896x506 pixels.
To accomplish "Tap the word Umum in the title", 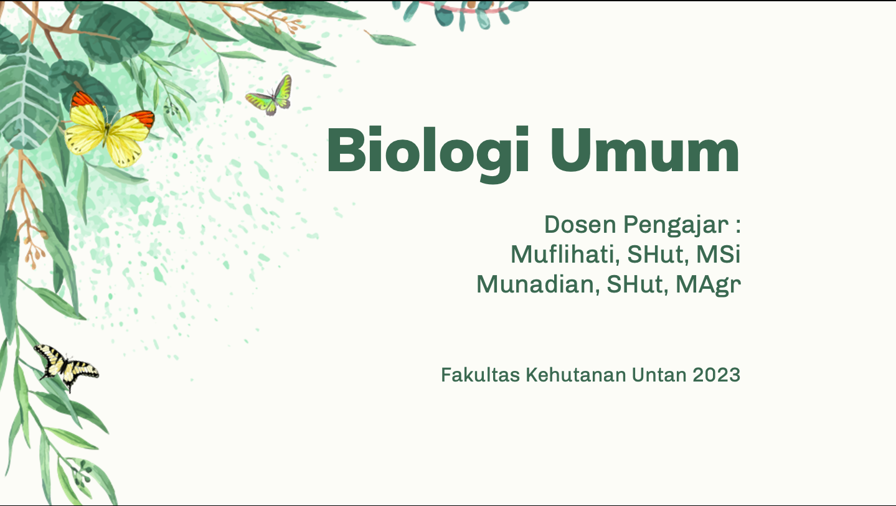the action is tap(645, 150).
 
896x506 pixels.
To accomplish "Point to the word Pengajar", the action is tap(676, 226).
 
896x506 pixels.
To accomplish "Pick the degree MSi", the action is tap(718, 254).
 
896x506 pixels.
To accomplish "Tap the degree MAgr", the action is tap(708, 286).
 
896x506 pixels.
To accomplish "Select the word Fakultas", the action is tap(480, 375).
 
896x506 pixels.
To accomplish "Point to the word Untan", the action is tap(659, 375).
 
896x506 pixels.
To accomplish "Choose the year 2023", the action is tap(717, 375).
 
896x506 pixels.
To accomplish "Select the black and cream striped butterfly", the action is tap(67, 367).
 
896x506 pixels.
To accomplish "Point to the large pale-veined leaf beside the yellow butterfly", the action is tap(28, 98).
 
